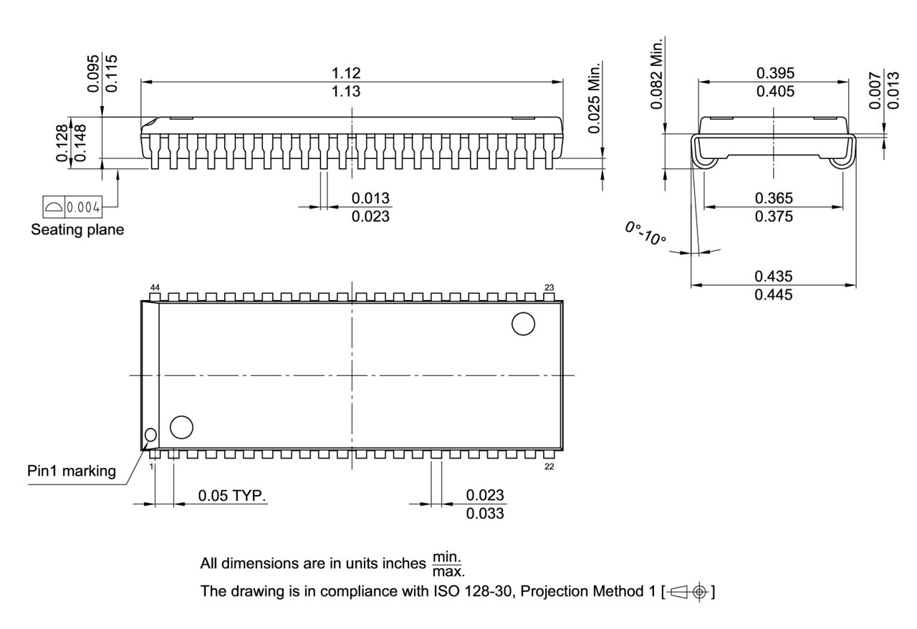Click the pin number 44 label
[x=155, y=287]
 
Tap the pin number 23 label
[x=549, y=287]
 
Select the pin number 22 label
[x=549, y=466]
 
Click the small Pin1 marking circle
[x=150, y=435]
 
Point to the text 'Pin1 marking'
[x=72, y=471]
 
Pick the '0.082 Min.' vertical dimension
[x=657, y=73]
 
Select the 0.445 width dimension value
[x=774, y=294]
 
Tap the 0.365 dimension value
[x=774, y=198]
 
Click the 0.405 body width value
[x=774, y=92]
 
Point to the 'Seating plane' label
[x=77, y=230]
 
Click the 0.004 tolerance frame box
[x=72, y=207]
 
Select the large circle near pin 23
[x=523, y=324]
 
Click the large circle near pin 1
[x=181, y=427]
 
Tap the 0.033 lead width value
[x=485, y=514]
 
